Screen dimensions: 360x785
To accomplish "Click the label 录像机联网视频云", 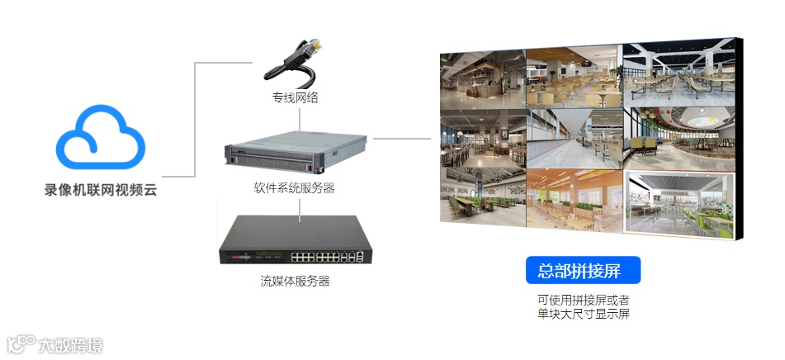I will [100, 190].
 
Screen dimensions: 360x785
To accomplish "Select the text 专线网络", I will [295, 97].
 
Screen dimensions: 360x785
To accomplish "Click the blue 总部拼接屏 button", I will [583, 271].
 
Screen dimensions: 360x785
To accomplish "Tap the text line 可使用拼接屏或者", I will [583, 299].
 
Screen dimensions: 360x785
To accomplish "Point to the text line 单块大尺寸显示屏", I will [583, 314].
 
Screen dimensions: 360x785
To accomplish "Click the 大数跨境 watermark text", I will [70, 345].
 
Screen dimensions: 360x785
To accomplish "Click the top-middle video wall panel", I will [575, 75].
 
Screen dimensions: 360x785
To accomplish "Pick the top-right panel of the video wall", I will [679, 72].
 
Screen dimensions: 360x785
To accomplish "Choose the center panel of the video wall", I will [575, 136].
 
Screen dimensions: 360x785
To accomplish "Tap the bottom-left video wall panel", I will [481, 195].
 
